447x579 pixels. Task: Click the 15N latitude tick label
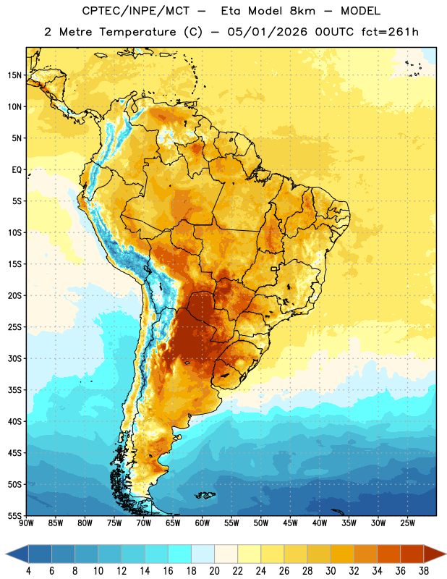pos(14,75)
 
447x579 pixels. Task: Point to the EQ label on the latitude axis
pos(17,170)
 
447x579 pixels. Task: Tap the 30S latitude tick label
pos(14,358)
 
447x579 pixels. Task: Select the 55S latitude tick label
pos(14,516)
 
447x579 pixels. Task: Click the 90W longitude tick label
pos(26,523)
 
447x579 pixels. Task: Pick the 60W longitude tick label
pos(203,523)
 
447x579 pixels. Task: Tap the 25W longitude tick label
pos(407,523)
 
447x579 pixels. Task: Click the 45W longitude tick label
pos(290,523)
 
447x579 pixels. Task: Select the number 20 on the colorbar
pos(214,571)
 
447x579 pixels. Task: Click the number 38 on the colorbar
pos(424,571)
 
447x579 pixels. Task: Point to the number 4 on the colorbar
pos(28,571)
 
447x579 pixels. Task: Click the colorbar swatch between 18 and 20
pos(203,554)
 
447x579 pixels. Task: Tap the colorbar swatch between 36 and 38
pos(412,554)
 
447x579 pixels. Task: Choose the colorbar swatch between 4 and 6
pos(40,554)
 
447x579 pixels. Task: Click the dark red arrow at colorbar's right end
pos(434,554)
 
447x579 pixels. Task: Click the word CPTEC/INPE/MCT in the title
pos(136,11)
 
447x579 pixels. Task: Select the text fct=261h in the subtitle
pos(390,32)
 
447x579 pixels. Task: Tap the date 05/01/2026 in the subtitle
pos(267,32)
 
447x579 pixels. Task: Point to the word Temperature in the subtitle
pos(137,32)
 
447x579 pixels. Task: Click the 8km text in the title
pos(302,11)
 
